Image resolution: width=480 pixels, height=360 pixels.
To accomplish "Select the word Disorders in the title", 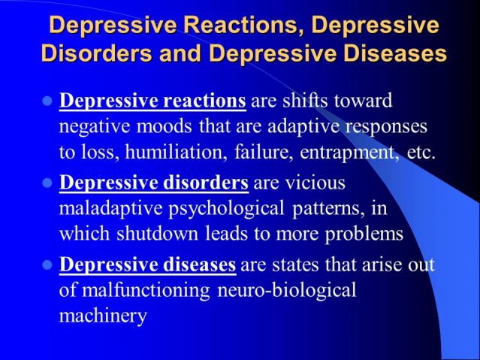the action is [x=96, y=53].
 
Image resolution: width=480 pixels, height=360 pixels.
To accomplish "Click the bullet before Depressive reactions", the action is [x=47, y=101].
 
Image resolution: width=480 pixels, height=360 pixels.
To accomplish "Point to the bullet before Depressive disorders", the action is [x=47, y=183].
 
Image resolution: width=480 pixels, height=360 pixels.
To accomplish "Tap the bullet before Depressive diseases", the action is [x=47, y=265].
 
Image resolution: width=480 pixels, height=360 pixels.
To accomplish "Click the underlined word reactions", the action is [x=204, y=101].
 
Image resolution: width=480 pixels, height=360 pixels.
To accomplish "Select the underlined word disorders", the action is [x=206, y=183].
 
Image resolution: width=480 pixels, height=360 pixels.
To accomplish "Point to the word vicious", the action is [x=315, y=183].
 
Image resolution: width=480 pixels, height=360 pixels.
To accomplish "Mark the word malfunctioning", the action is [x=146, y=290].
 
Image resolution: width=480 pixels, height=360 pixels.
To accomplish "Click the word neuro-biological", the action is [x=287, y=290].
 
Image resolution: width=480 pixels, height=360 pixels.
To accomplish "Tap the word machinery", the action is [x=103, y=316].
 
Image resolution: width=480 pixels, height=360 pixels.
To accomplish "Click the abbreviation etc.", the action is [x=421, y=153].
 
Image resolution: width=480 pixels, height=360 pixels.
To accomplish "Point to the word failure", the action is [x=261, y=152].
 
